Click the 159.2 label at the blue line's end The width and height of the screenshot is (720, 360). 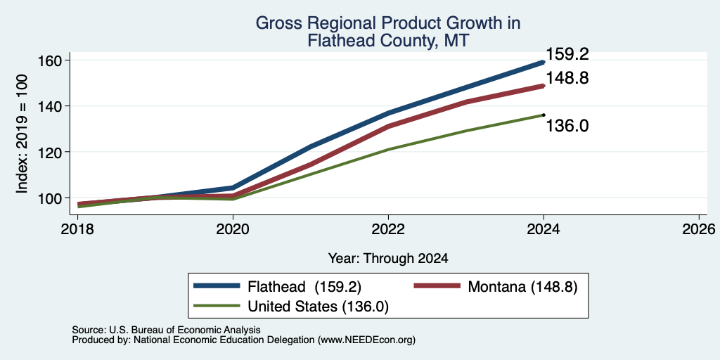coord(567,55)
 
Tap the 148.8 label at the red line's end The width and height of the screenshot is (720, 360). coord(567,78)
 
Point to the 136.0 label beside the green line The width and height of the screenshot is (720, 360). coord(567,125)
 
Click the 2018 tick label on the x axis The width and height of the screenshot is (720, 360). coord(77,229)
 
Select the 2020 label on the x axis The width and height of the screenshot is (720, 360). coord(233,229)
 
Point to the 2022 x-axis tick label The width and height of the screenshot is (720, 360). coord(388,229)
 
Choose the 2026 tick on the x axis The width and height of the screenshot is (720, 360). coord(699,229)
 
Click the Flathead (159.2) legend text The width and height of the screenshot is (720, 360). coord(304,287)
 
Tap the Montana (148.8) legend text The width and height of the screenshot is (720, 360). coord(522,287)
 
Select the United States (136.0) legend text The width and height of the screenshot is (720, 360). coord(319,307)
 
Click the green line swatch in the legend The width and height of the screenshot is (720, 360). coord(217,306)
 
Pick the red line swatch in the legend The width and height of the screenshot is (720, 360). coord(437,286)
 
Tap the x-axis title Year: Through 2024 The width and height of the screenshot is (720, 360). coord(388,259)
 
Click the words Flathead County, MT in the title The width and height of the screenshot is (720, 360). coord(388,41)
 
